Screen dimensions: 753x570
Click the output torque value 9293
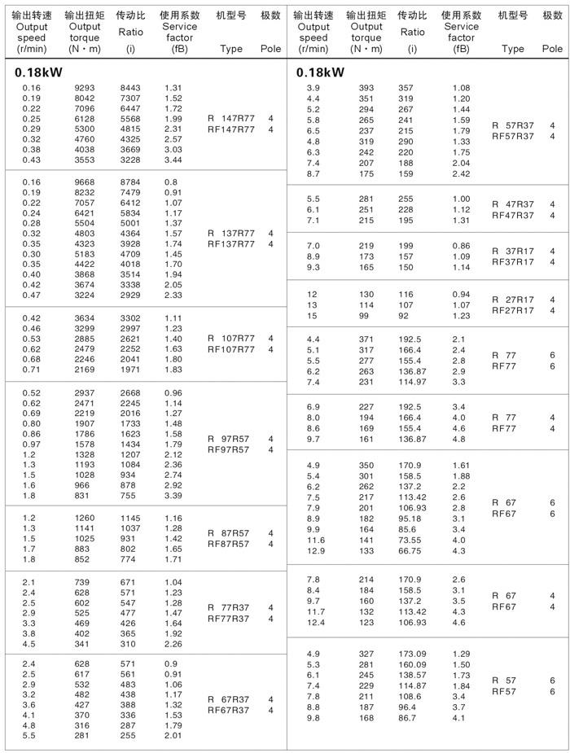pyautogui.click(x=85, y=88)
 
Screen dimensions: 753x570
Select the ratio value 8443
pyautogui.click(x=130, y=88)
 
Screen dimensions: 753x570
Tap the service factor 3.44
pyautogui.click(x=173, y=160)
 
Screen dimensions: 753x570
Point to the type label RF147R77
pyautogui.click(x=231, y=129)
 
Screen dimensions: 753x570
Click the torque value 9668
pyautogui.click(x=85, y=182)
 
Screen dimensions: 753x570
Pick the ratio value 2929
pyautogui.click(x=130, y=296)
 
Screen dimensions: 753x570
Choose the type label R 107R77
pyautogui.click(x=231, y=339)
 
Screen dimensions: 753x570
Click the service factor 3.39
pyautogui.click(x=173, y=495)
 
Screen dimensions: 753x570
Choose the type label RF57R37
pyautogui.click(x=513, y=136)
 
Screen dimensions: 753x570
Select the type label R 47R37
pyautogui.click(x=513, y=204)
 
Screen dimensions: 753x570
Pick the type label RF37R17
pyautogui.click(x=513, y=262)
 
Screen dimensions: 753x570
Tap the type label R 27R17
pyautogui.click(x=513, y=300)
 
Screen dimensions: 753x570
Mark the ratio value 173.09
pyautogui.click(x=411, y=654)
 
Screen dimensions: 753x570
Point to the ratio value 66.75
pyautogui.click(x=411, y=551)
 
